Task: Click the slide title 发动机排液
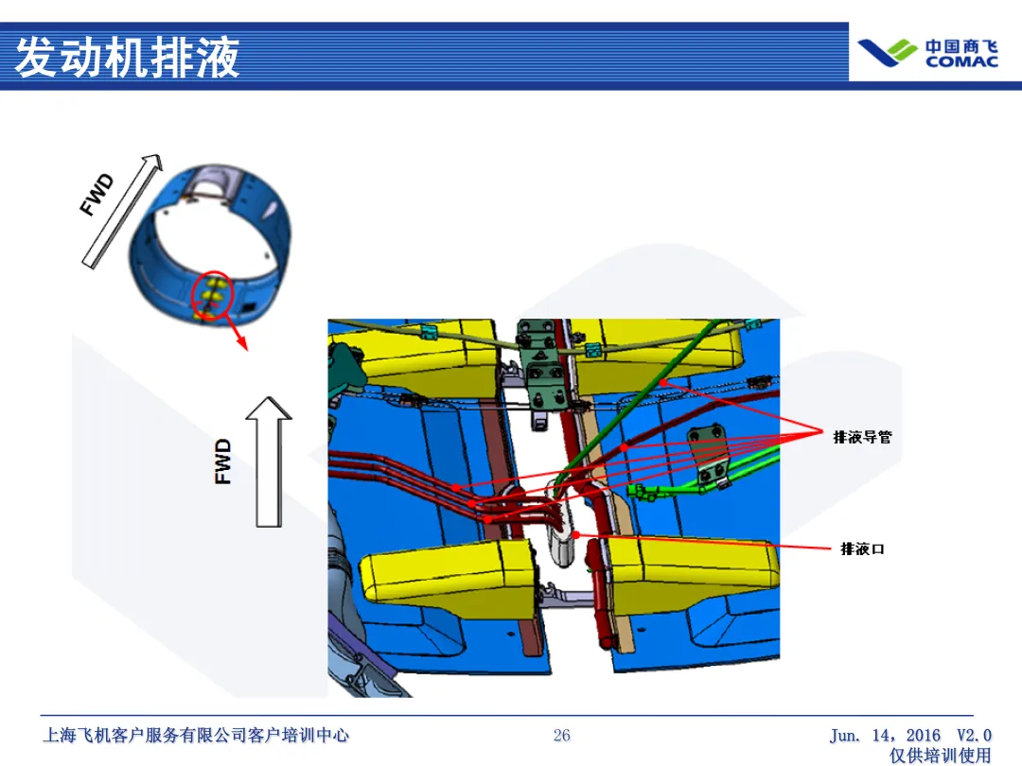128,57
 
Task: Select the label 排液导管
862,437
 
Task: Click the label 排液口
862,548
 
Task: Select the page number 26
562,736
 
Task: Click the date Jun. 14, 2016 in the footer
886,736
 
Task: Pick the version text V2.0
974,736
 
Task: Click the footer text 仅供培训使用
941,756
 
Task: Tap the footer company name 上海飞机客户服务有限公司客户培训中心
197,736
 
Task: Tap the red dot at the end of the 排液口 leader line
576,535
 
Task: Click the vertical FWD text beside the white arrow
223,461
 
